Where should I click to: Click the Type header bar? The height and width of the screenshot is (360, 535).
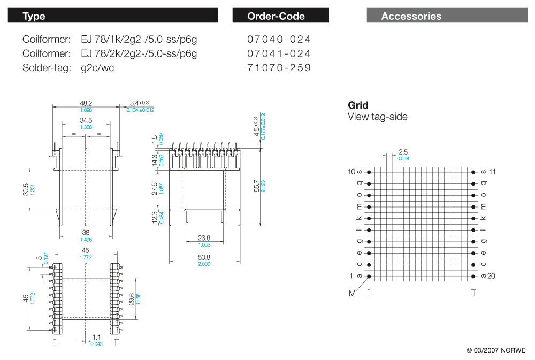[x=113, y=16]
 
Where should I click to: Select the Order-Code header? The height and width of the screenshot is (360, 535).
[x=280, y=16]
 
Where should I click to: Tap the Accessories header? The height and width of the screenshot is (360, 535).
[x=446, y=16]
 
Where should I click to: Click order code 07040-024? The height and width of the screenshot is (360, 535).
[x=279, y=40]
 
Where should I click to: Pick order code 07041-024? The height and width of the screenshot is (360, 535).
[x=279, y=53]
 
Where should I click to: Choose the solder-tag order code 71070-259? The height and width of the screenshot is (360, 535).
[x=279, y=68]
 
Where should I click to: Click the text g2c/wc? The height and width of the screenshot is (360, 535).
[x=97, y=68]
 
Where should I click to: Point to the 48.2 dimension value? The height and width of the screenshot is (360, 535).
[x=86, y=103]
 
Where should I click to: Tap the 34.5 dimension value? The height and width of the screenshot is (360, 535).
[x=86, y=121]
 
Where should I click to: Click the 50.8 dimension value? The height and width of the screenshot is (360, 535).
[x=204, y=257]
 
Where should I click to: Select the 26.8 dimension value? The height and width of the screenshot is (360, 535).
[x=204, y=238]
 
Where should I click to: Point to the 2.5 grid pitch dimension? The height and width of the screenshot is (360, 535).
[x=403, y=152]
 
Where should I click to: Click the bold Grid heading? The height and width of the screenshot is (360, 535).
[x=358, y=105]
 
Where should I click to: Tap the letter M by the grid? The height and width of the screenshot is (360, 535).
[x=352, y=293]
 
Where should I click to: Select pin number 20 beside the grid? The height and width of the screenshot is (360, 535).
[x=492, y=276]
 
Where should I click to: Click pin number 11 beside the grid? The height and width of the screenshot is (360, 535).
[x=493, y=172]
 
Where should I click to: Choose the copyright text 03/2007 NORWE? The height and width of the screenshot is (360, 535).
[x=496, y=350]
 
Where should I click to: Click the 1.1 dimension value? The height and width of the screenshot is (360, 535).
[x=97, y=337]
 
